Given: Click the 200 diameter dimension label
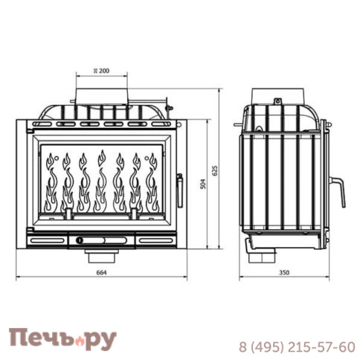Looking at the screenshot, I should pos(102,70).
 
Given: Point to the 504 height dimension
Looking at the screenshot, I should pos(203,185).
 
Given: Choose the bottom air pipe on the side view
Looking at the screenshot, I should pos(263,257).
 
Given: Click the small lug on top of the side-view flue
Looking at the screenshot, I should pos(277,100).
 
